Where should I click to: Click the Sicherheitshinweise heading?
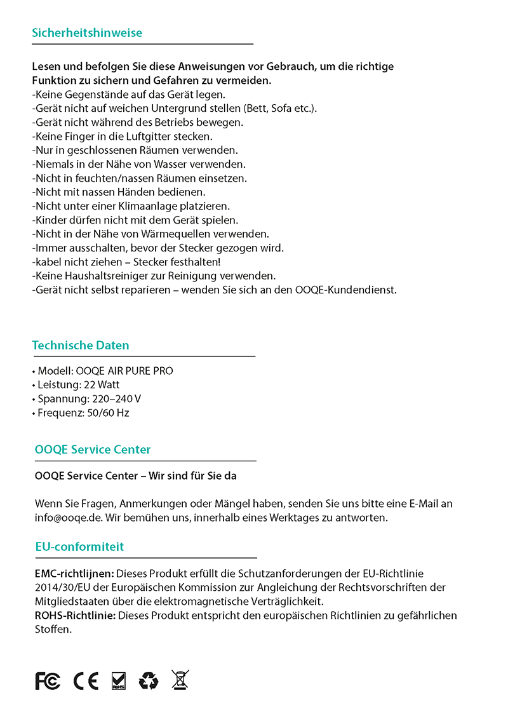[87, 33]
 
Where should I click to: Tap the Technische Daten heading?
[81, 346]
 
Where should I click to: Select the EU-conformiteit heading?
[79, 546]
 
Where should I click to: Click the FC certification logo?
[48, 681]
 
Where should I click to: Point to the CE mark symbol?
[86, 681]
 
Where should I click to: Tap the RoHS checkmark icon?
[118, 680]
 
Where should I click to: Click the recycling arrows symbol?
[149, 680]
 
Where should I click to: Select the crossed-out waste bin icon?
[180, 680]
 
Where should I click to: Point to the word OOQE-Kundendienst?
[346, 290]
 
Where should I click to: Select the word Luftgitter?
[145, 137]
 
